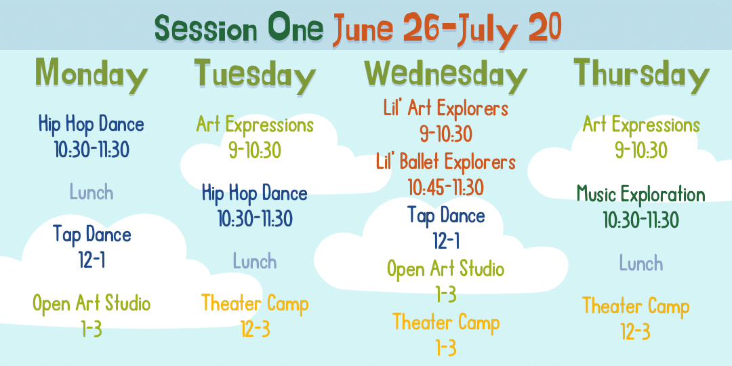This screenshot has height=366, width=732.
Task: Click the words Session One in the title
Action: (x=239, y=28)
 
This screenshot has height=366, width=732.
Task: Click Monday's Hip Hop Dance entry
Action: (x=91, y=137)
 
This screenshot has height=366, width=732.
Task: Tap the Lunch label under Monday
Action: (x=91, y=192)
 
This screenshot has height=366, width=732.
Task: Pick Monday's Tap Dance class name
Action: (x=91, y=234)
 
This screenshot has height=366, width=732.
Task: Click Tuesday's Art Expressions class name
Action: (x=255, y=125)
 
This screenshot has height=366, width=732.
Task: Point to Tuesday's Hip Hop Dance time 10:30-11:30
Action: (x=255, y=218)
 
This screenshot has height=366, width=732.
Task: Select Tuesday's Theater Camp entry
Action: (x=255, y=316)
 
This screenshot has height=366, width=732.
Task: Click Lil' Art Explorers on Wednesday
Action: (x=446, y=108)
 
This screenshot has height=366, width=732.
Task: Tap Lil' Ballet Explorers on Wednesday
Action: (x=446, y=162)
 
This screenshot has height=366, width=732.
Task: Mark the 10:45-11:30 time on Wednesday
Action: (x=446, y=188)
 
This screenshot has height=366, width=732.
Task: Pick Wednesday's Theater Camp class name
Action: (x=446, y=322)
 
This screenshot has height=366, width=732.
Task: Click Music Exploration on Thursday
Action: (x=641, y=194)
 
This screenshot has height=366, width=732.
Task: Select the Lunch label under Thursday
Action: (x=641, y=263)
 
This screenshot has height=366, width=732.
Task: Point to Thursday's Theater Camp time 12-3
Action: (x=635, y=331)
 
